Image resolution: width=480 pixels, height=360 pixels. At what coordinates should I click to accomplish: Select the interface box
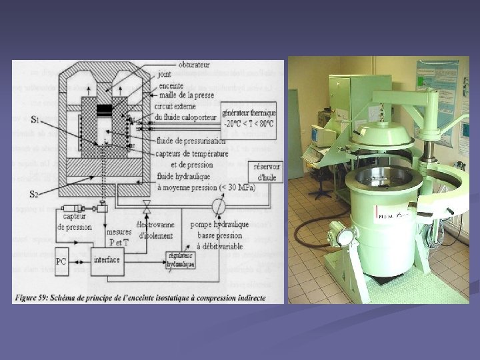(x=106, y=259)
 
